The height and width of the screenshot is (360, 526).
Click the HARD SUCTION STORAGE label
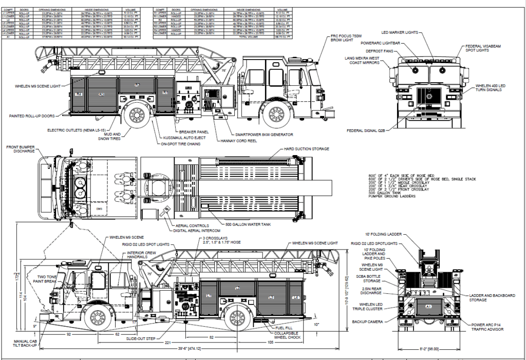point(306,149)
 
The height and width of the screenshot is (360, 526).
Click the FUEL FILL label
point(285,327)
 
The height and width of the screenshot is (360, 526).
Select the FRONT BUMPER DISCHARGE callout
point(21,149)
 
